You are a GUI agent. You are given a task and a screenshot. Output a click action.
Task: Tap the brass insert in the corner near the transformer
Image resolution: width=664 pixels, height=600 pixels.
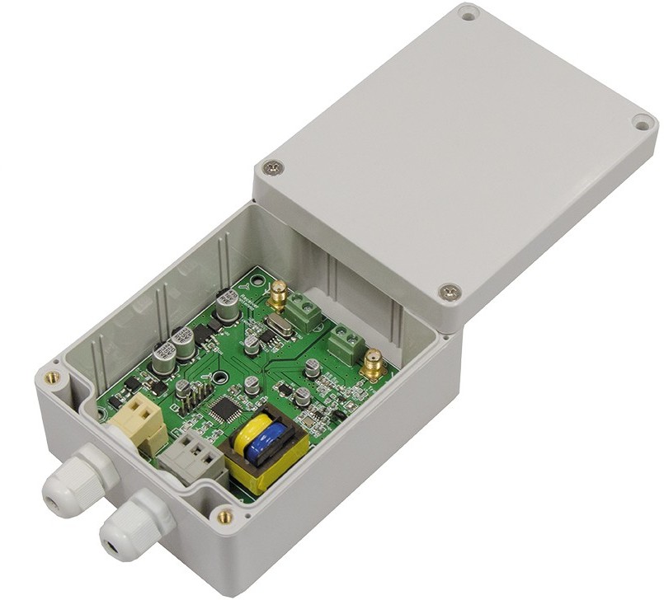point(224,517)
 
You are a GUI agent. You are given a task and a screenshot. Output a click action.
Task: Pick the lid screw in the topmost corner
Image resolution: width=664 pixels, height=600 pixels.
point(468,13)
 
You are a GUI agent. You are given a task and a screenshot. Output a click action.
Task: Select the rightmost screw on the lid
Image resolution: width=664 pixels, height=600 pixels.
point(641,123)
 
